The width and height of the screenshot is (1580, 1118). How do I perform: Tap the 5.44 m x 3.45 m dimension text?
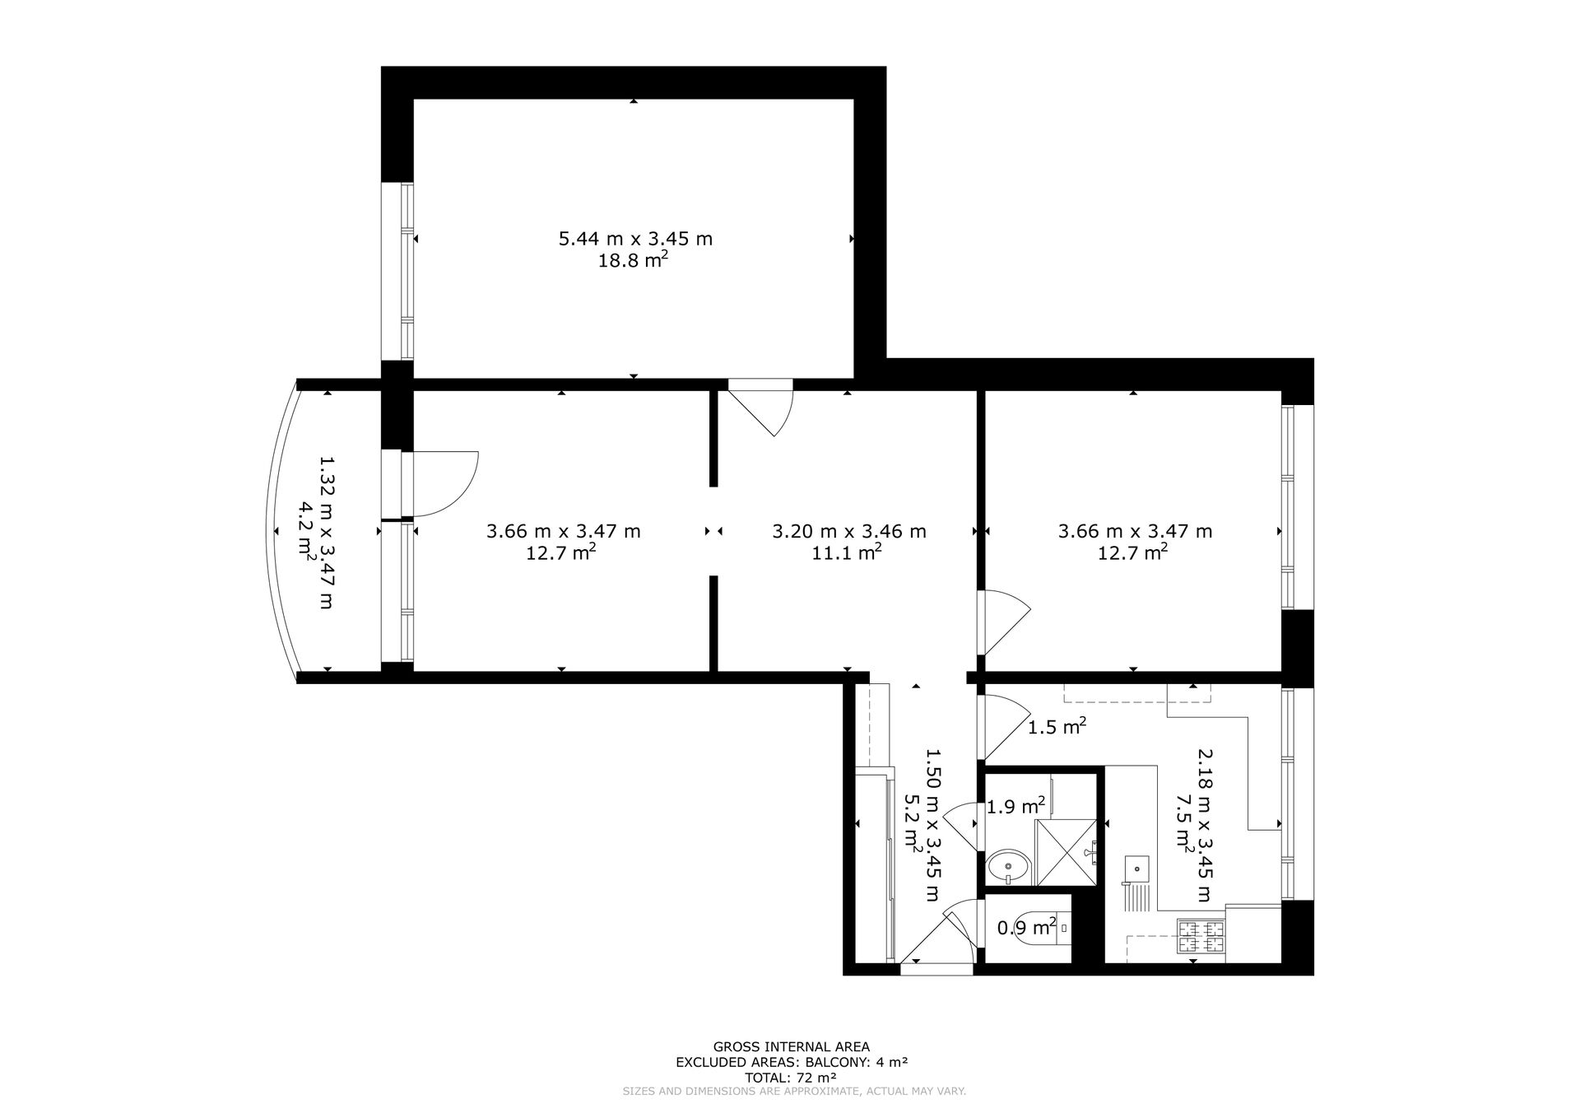click(x=635, y=239)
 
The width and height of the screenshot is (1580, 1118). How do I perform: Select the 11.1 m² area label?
click(x=847, y=552)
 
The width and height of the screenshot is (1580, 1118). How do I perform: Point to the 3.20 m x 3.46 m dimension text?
click(x=849, y=531)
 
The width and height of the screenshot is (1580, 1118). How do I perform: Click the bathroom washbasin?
click(x=1008, y=866)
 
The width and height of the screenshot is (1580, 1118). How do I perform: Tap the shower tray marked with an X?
click(x=1066, y=852)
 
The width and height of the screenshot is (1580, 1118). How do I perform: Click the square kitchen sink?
click(x=1137, y=867)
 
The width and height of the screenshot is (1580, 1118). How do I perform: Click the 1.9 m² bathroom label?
click(x=1015, y=806)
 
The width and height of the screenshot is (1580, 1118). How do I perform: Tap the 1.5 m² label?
click(x=1057, y=726)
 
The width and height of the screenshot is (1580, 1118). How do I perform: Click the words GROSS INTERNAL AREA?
click(x=791, y=1047)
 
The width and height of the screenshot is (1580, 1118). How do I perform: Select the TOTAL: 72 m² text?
click(x=791, y=1077)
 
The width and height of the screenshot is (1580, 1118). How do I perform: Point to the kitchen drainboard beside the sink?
click(x=1137, y=897)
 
